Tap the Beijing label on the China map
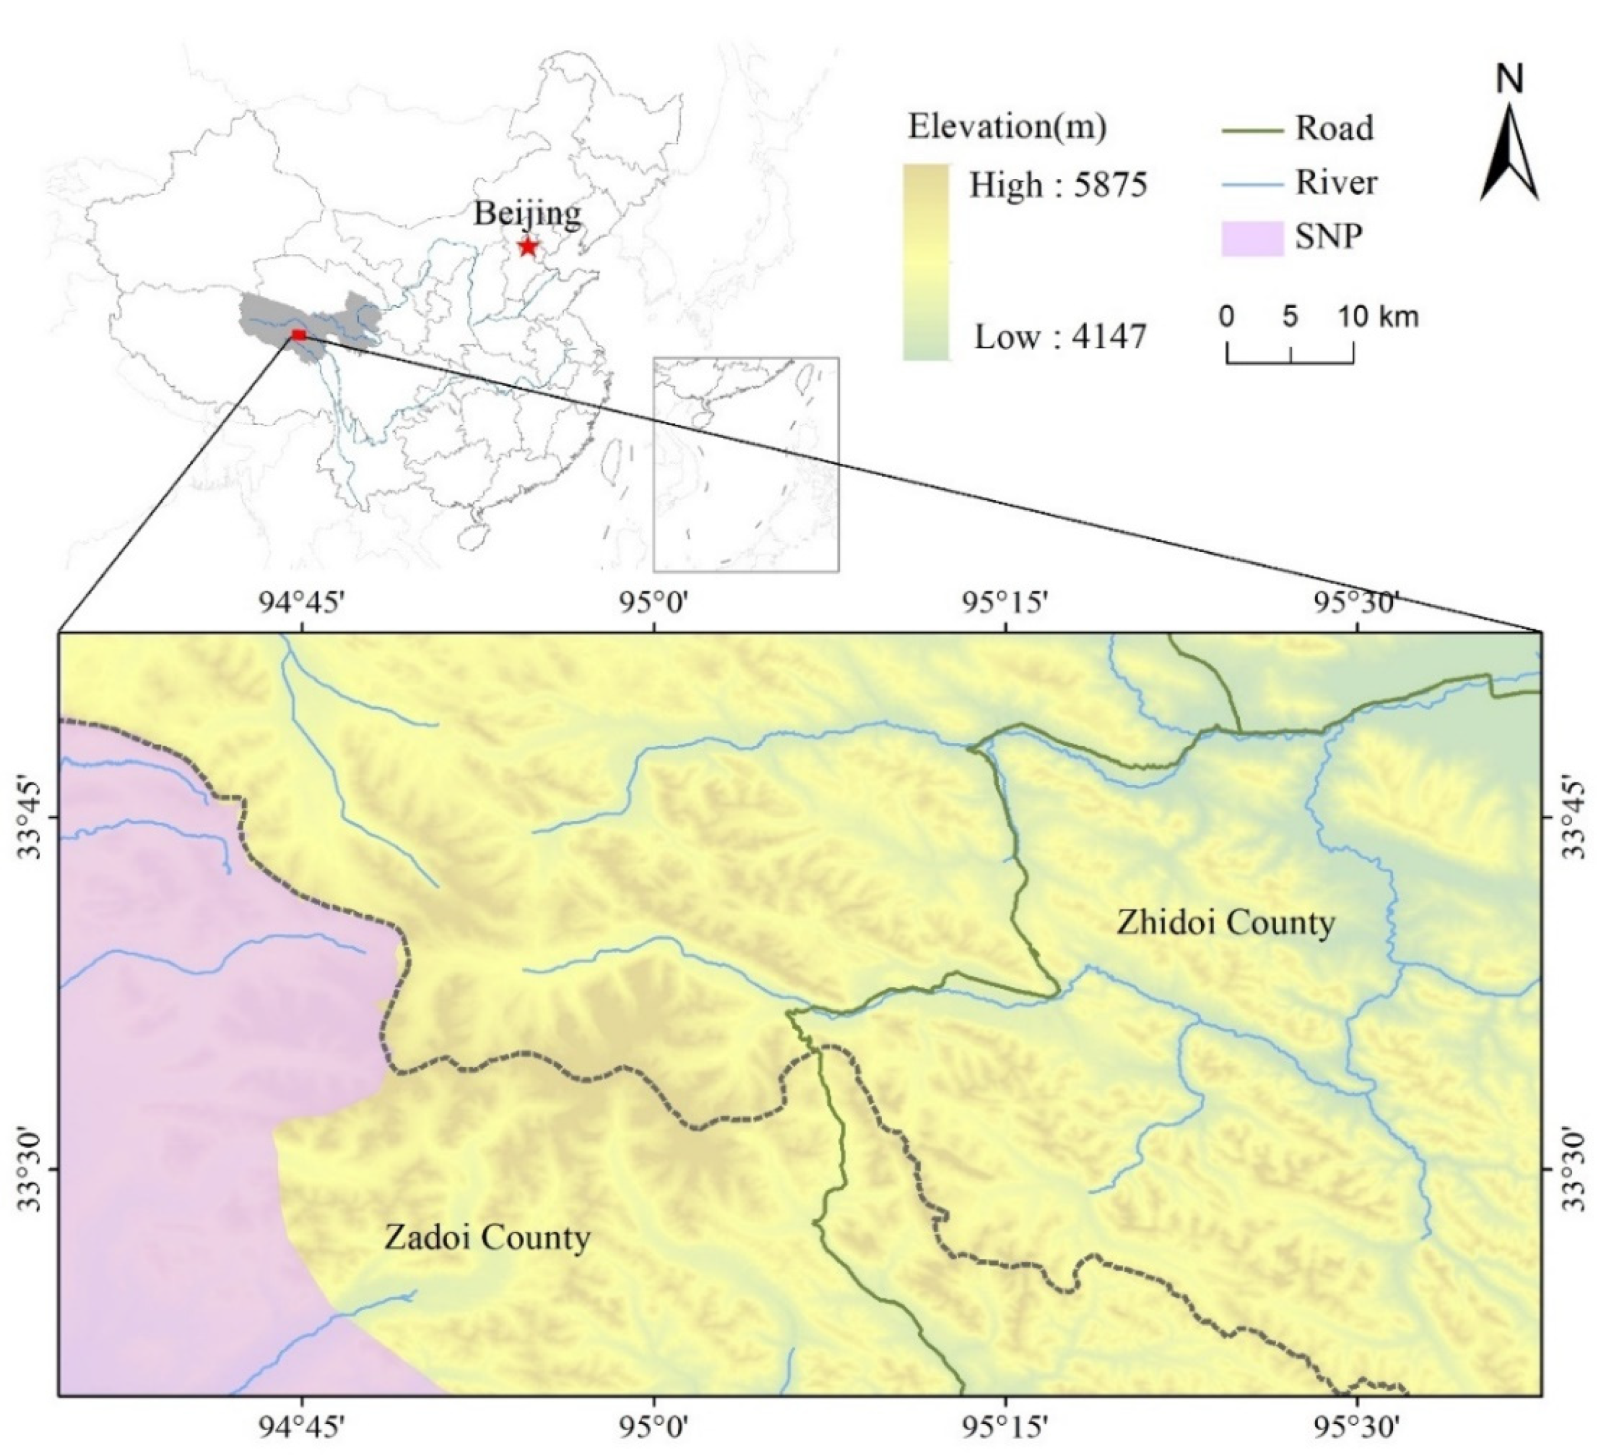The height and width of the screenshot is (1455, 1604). [x=526, y=213]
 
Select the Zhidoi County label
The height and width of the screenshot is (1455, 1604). [x=1226, y=923]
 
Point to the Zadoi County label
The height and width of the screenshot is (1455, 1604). [x=487, y=1237]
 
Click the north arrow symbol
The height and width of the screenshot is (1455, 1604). [x=1509, y=154]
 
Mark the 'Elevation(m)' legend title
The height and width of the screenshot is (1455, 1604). [x=1007, y=128]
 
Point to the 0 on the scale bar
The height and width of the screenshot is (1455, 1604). [x=1227, y=317]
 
